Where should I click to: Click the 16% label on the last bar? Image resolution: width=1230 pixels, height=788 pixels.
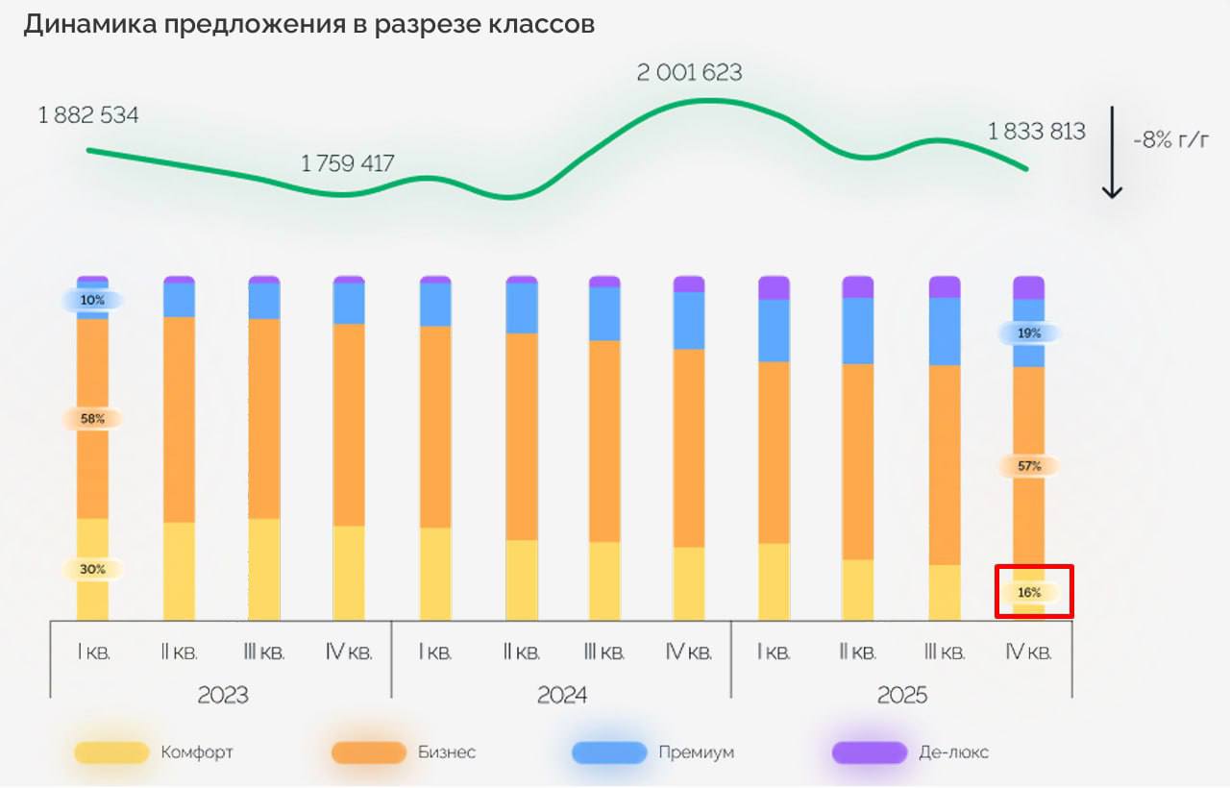coord(1029,593)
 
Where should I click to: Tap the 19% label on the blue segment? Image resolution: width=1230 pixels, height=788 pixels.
coord(1029,333)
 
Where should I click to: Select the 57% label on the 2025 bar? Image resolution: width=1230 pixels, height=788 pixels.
coord(1029,466)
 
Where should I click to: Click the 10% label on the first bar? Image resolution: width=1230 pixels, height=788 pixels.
coord(92,301)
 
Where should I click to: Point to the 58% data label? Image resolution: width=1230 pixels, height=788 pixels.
coord(92,419)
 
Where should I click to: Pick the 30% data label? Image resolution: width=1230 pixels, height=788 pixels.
coord(92,569)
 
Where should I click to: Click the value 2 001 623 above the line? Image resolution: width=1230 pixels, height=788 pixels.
coord(690,73)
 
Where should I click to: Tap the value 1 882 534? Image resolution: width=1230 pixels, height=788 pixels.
coord(88,116)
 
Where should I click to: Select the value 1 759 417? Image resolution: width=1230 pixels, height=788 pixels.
coord(348,164)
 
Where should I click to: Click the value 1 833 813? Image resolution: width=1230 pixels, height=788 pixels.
coord(1037,132)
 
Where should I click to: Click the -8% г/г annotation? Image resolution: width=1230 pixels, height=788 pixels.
coord(1169,140)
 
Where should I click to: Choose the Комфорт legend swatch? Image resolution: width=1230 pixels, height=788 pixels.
coord(111,752)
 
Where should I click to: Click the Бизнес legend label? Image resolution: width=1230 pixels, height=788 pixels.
coord(447,752)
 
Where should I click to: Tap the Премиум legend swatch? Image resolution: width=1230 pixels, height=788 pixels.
coord(609,752)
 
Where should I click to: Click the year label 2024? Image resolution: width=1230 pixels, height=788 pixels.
coord(562,695)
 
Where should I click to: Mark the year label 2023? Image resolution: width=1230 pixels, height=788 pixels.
coord(222,695)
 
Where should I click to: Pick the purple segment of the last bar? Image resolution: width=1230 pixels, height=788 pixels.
coord(1028,286)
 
